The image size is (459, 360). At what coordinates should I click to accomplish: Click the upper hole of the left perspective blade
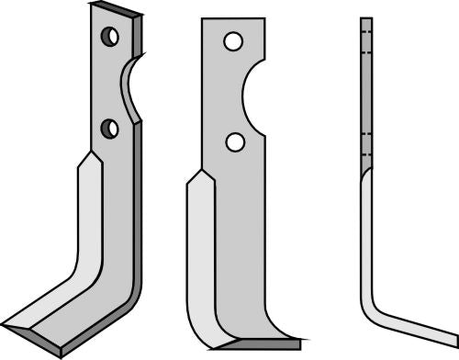(110, 37)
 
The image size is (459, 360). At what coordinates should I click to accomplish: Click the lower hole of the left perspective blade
(111, 127)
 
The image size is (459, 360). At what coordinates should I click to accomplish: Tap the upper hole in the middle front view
(233, 42)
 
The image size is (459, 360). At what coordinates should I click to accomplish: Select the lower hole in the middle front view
(235, 141)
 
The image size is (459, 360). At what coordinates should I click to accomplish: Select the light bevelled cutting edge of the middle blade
(200, 257)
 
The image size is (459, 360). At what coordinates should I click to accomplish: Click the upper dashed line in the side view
(366, 37)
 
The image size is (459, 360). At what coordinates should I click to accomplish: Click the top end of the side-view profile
(366, 19)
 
